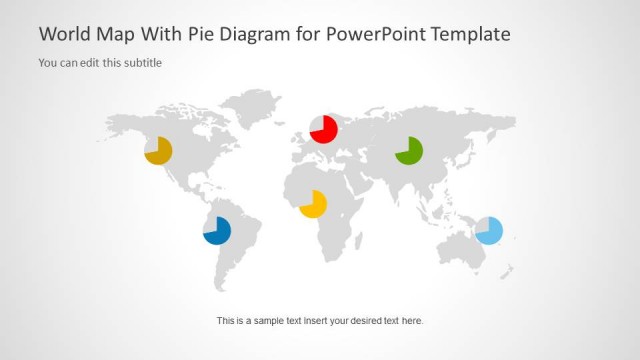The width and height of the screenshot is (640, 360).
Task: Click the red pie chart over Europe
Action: pyautogui.click(x=323, y=129)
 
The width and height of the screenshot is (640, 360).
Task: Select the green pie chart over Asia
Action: pyautogui.click(x=409, y=151)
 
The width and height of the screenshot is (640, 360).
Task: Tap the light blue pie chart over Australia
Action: pyautogui.click(x=489, y=230)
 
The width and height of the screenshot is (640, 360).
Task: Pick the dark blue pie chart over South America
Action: pyautogui.click(x=217, y=231)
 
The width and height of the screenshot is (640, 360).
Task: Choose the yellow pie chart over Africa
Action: pyautogui.click(x=313, y=204)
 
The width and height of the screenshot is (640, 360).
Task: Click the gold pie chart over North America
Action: pyautogui.click(x=158, y=151)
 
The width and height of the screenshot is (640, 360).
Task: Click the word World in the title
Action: pyautogui.click(x=62, y=34)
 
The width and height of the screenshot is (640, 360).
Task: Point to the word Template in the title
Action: pyautogui.click(x=471, y=34)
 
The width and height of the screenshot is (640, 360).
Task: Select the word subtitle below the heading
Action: pyautogui.click(x=142, y=63)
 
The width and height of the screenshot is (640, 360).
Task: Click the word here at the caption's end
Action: pyautogui.click(x=412, y=321)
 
